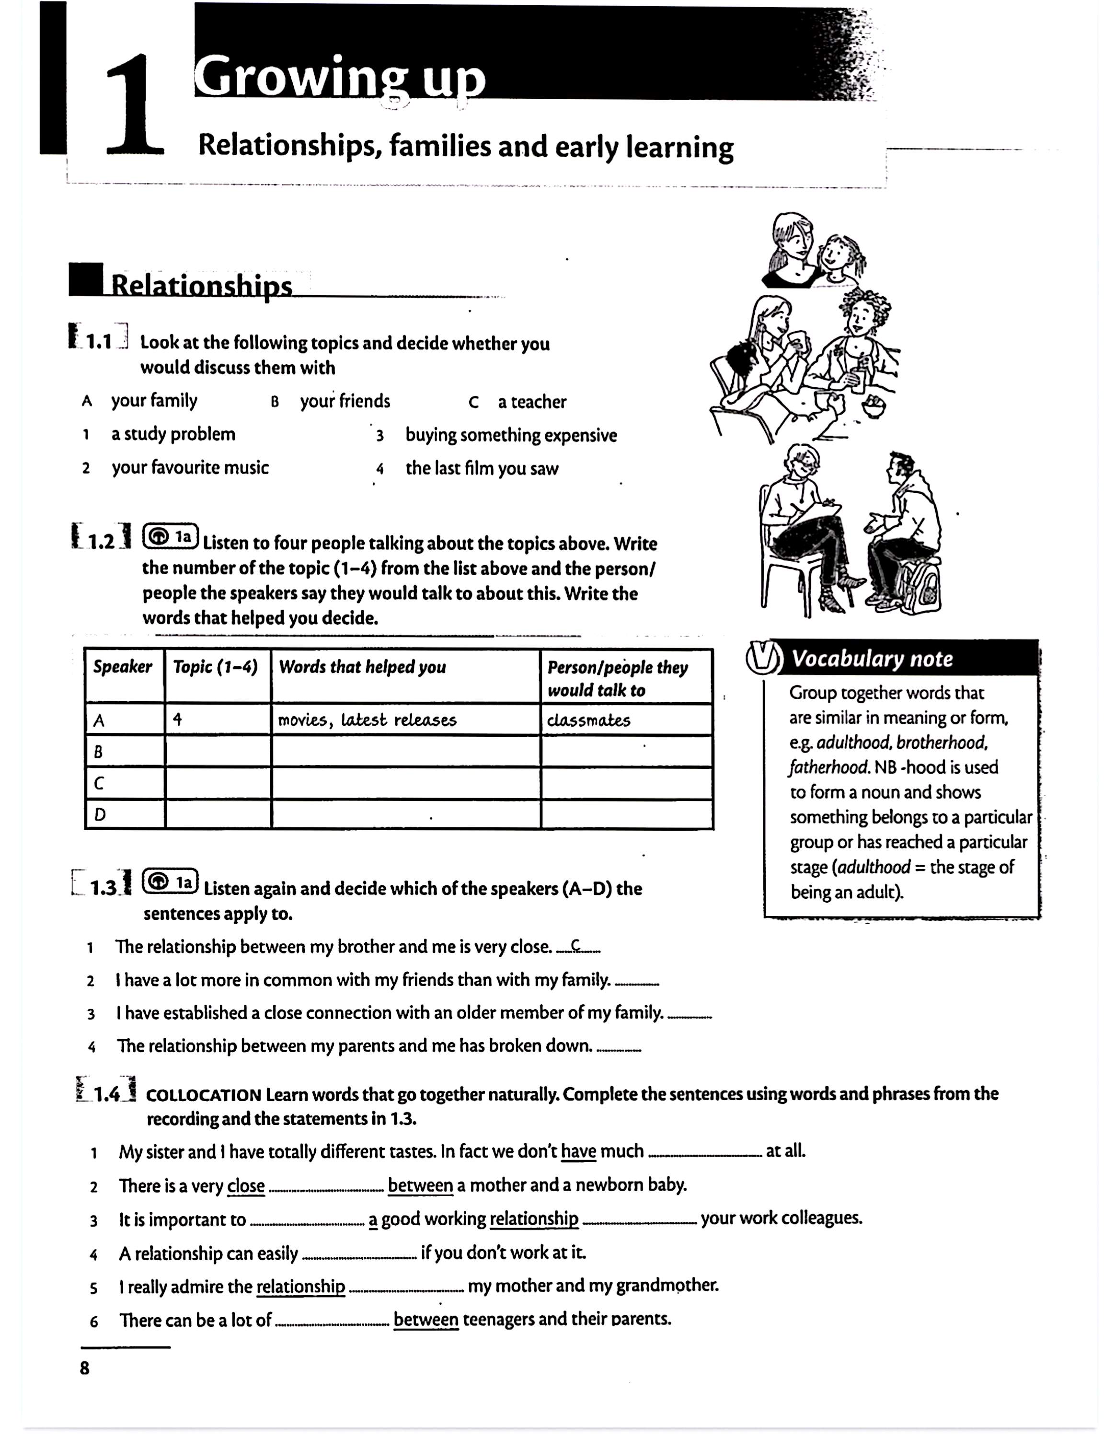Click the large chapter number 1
[135, 105]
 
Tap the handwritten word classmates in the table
[588, 720]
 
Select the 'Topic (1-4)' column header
[215, 667]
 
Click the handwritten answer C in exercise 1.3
[576, 946]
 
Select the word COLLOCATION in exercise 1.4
[203, 1095]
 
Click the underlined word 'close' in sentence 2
[245, 1186]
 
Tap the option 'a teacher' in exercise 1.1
[531, 402]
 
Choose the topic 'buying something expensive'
[511, 435]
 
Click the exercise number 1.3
[104, 888]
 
